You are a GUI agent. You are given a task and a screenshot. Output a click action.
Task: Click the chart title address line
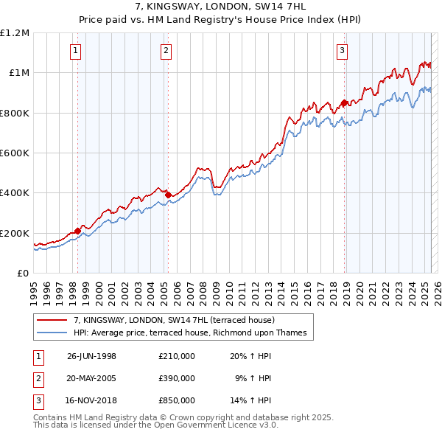[221, 7]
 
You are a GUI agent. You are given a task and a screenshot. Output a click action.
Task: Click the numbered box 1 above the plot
[77, 51]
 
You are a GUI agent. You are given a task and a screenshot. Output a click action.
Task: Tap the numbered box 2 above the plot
[166, 51]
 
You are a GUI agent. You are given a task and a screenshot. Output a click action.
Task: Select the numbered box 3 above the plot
[343, 51]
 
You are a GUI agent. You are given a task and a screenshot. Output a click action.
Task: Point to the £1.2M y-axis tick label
[15, 33]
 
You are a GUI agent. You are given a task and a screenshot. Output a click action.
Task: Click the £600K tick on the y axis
[15, 153]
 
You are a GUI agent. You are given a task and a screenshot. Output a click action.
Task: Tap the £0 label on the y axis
[22, 274]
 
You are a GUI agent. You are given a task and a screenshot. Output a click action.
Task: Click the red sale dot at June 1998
[78, 231]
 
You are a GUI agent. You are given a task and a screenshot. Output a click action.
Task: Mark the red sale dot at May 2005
[168, 195]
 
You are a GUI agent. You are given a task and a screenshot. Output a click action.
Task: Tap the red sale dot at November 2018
[344, 102]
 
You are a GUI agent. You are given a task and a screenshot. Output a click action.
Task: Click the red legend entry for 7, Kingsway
[174, 320]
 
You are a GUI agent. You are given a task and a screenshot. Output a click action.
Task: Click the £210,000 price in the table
[177, 355]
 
